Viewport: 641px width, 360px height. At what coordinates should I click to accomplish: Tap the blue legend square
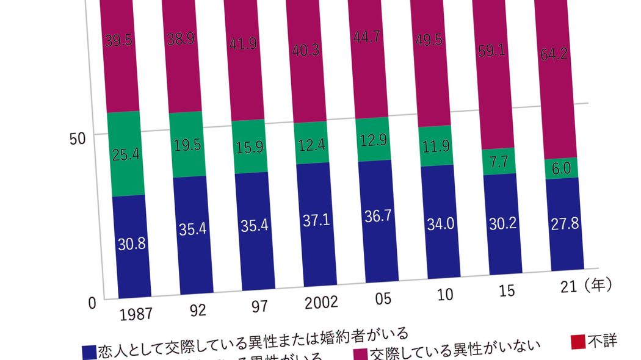coord(89,351)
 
